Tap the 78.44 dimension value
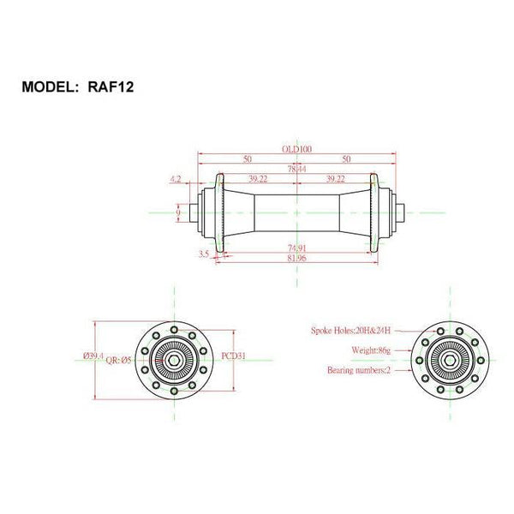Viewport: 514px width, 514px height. click(x=297, y=170)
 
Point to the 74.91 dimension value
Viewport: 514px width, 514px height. click(x=297, y=248)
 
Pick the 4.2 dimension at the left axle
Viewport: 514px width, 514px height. click(x=176, y=179)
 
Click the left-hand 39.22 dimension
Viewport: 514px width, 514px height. click(x=259, y=179)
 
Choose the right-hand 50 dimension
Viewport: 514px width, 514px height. click(x=347, y=159)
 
